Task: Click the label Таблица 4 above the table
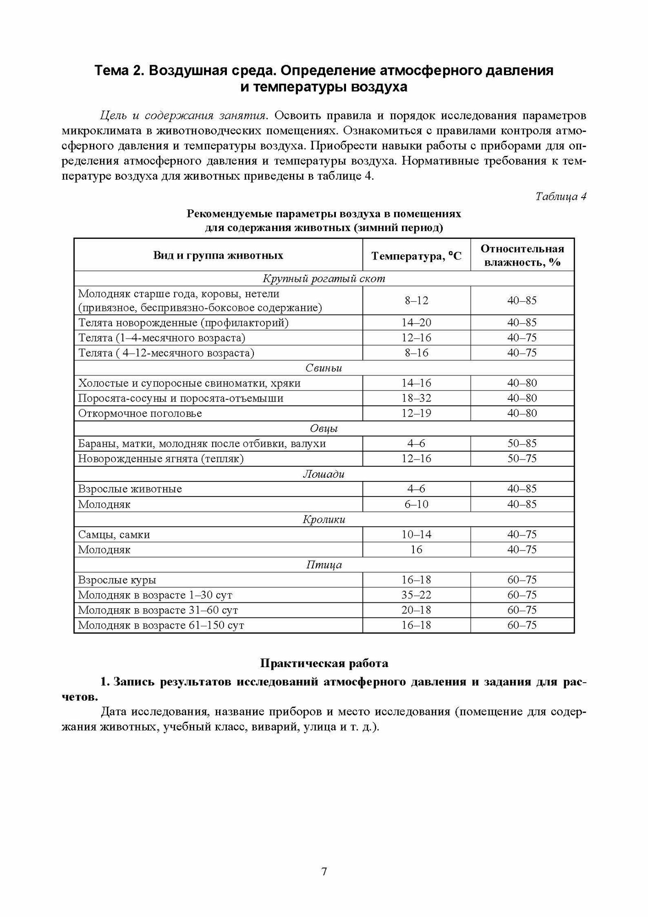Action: (560, 197)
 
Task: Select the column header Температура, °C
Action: (416, 256)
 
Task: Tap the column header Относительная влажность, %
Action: (522, 255)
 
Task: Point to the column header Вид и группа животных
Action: (218, 255)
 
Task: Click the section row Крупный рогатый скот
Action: (324, 278)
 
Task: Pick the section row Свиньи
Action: (324, 368)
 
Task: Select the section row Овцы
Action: (324, 429)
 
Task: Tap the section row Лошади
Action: (324, 474)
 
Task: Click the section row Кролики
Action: (324, 519)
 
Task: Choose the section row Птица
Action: (324, 565)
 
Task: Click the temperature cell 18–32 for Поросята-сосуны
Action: (416, 398)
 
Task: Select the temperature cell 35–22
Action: (416, 595)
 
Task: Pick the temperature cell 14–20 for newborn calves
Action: (416, 323)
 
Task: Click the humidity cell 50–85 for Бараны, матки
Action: (522, 443)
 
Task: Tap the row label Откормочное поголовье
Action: (140, 413)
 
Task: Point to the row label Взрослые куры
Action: (117, 580)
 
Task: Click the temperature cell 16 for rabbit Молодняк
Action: (416, 549)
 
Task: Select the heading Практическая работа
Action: (324, 663)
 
